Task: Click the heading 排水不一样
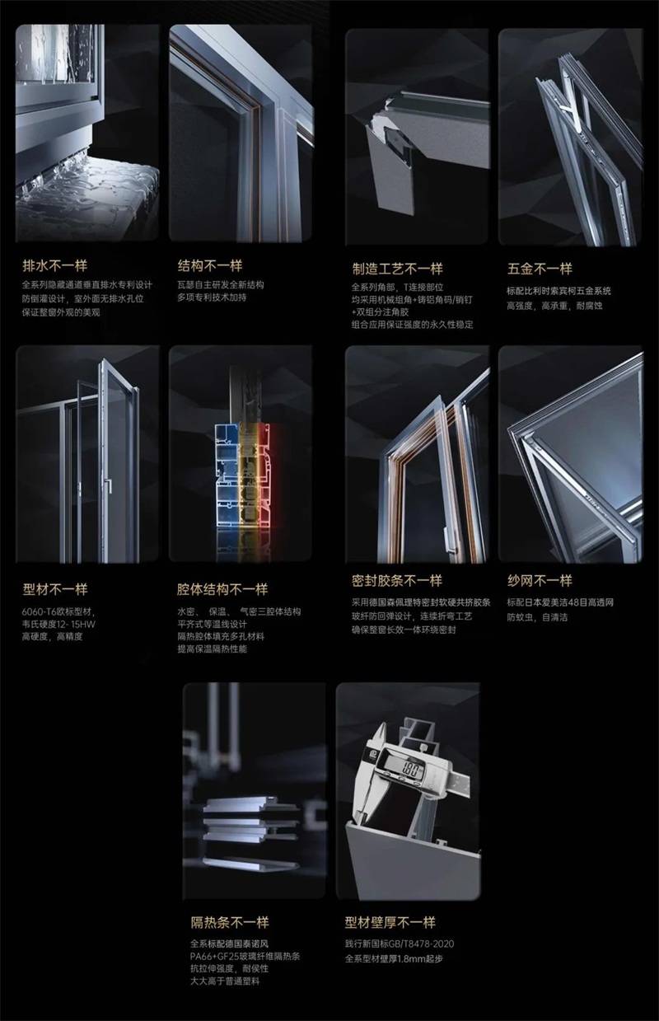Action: click(54, 266)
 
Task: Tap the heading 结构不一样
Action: click(209, 266)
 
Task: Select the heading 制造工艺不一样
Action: click(397, 269)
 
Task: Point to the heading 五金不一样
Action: click(540, 269)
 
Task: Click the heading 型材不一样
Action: click(54, 590)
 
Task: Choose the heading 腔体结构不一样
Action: click(222, 590)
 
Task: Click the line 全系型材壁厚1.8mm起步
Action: click(399, 959)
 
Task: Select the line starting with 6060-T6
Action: click(59, 612)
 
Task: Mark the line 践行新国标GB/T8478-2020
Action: click(400, 944)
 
